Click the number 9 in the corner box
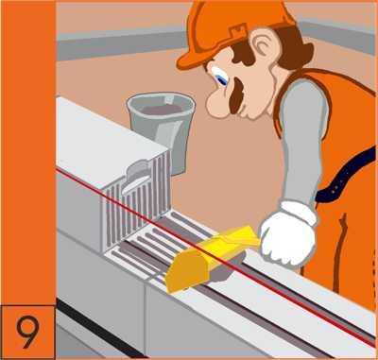tap(27, 331)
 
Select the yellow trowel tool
tap(210, 258)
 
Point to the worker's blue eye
tap(221, 77)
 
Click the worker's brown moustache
tap(237, 95)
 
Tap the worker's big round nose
tap(216, 101)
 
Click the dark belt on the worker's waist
tap(346, 175)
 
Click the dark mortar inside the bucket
tap(162, 110)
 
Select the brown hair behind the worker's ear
tap(293, 47)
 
